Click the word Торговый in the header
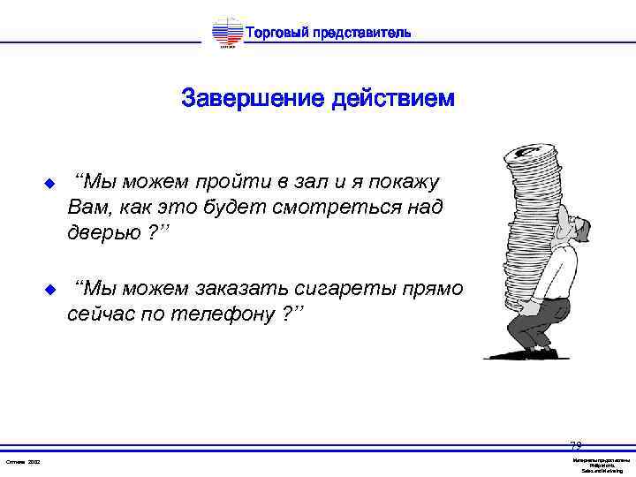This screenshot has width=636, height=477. click(x=276, y=34)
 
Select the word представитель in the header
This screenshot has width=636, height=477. click(x=361, y=34)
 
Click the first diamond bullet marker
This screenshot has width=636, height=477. click(x=49, y=184)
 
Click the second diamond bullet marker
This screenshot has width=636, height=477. click(x=49, y=289)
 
